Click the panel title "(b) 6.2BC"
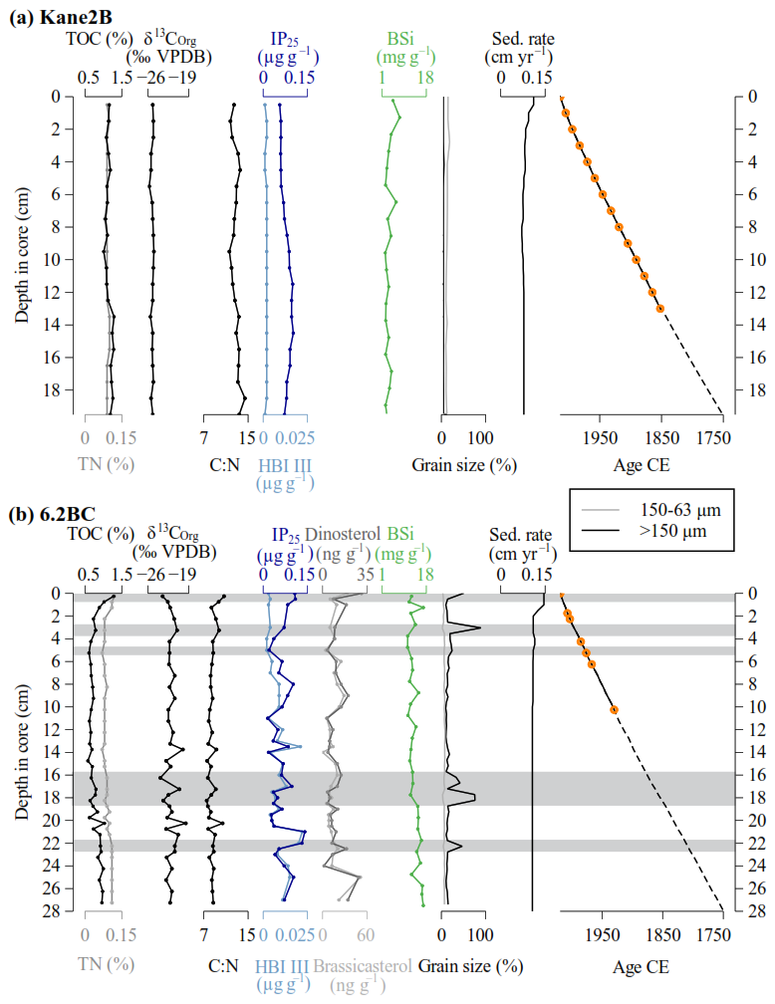(x=54, y=515)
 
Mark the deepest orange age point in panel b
(x=614, y=709)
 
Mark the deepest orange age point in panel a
(x=660, y=309)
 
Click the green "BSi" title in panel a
(x=403, y=41)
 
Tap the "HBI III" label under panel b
(x=286, y=965)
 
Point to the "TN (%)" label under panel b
(x=106, y=965)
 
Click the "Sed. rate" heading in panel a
(x=525, y=41)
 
